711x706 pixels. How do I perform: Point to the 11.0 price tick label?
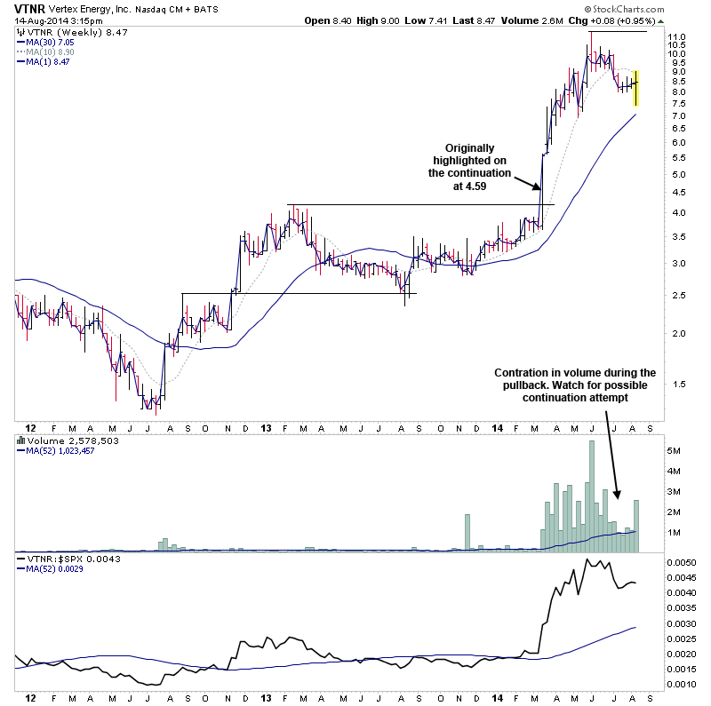click(x=678, y=38)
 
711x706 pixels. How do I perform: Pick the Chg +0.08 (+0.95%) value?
click(x=631, y=20)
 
